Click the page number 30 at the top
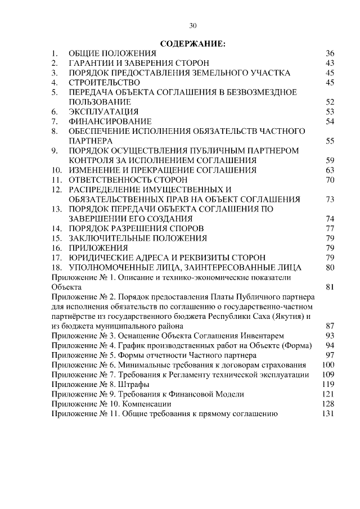(193, 25)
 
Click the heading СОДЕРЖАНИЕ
(193, 43)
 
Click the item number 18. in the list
(56, 267)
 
